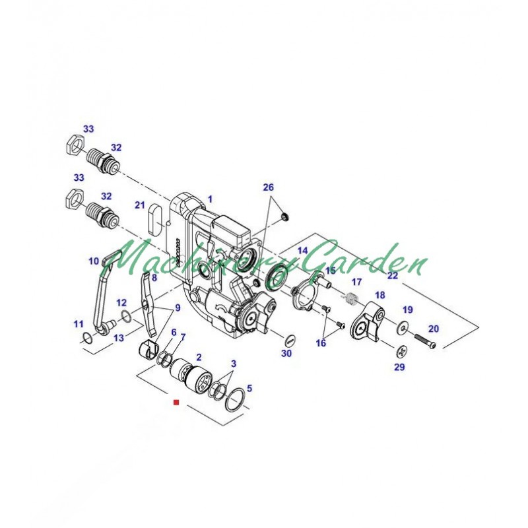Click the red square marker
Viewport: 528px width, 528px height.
pyautogui.click(x=176, y=402)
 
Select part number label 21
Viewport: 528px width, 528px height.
pyautogui.click(x=140, y=205)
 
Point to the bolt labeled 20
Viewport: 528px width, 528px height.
pyautogui.click(x=425, y=341)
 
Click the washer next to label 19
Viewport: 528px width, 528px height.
pyautogui.click(x=403, y=326)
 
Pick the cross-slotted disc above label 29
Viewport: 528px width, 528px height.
pyautogui.click(x=402, y=352)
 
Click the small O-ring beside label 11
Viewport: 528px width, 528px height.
pyautogui.click(x=86, y=338)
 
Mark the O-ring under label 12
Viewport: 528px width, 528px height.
pyautogui.click(x=126, y=317)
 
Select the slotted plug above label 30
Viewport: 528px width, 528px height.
pyautogui.click(x=290, y=340)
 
